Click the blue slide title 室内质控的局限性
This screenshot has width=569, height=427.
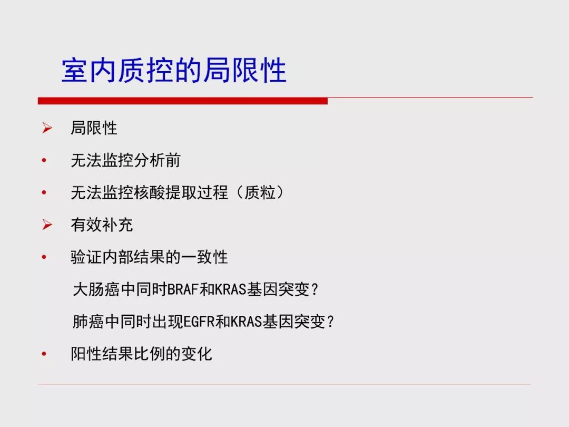(x=174, y=70)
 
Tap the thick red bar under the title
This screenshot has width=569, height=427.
(x=182, y=101)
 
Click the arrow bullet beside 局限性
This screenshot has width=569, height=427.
(x=47, y=128)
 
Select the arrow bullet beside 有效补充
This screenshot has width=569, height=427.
(x=47, y=225)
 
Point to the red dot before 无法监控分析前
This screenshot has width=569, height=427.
(x=44, y=160)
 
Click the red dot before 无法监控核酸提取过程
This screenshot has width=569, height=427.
(x=44, y=192)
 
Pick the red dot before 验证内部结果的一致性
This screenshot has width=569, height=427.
(x=44, y=257)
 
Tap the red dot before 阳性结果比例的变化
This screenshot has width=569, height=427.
(x=44, y=354)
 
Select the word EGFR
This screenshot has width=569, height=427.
(x=199, y=322)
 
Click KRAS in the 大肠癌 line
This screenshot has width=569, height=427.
(x=231, y=289)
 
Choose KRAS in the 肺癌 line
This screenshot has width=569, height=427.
(x=247, y=322)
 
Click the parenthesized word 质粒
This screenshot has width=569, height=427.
(x=259, y=192)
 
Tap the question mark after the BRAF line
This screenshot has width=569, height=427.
(x=315, y=290)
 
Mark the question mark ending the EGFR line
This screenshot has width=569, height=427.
(x=330, y=322)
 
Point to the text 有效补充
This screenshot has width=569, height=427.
(x=102, y=225)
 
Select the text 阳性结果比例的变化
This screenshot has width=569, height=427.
(x=142, y=354)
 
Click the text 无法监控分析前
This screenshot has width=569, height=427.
(x=125, y=160)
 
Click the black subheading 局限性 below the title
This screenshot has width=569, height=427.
(x=94, y=128)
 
